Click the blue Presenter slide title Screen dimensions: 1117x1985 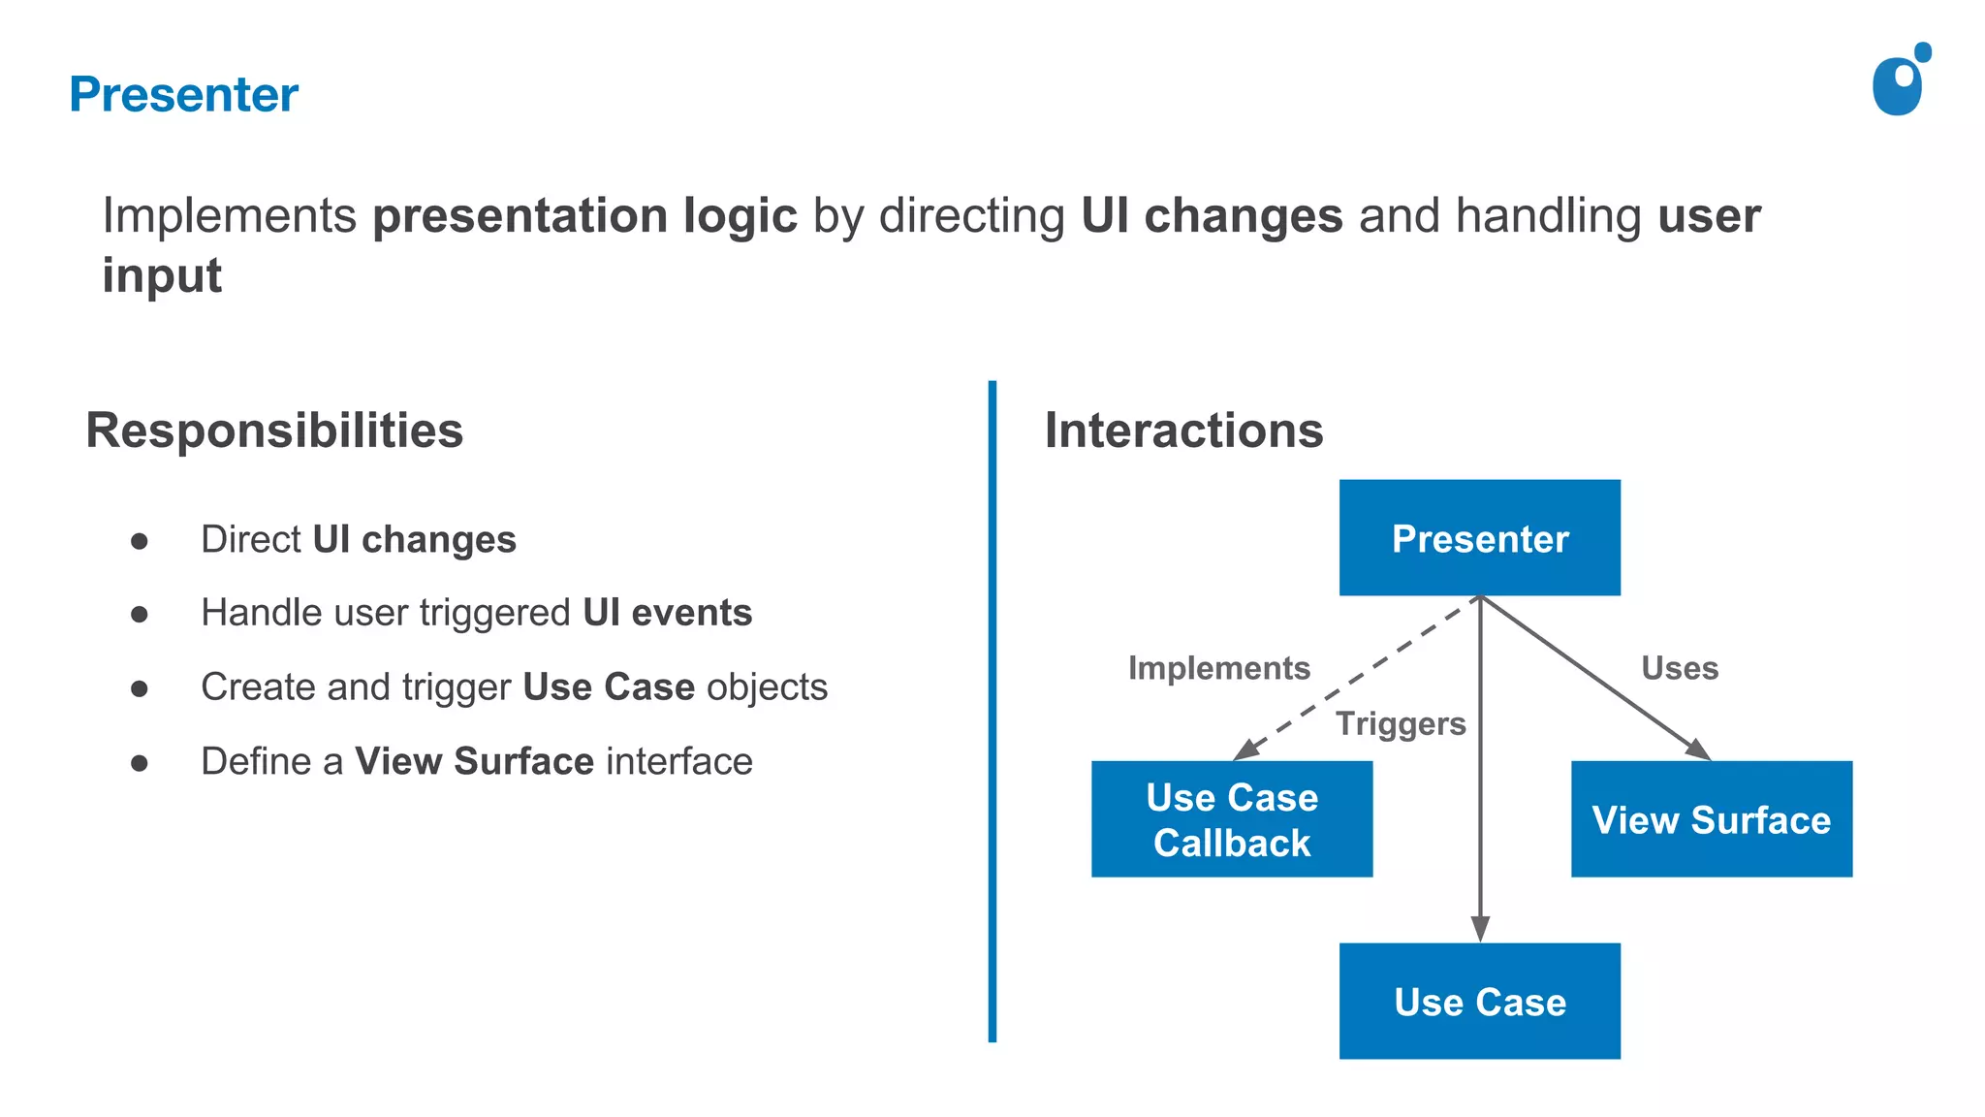[183, 95]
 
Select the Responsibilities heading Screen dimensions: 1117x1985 [274, 431]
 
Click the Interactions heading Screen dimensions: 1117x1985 [1183, 431]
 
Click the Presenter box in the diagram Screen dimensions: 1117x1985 [1479, 538]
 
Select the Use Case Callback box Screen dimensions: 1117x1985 [1231, 819]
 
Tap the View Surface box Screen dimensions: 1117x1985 [1711, 819]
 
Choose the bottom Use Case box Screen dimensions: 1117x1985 [1479, 1001]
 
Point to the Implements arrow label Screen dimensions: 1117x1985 [1218, 668]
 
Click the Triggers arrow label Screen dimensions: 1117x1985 [1401, 723]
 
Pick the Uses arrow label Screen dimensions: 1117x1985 [1679, 668]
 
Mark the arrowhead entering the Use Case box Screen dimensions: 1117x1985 [1480, 929]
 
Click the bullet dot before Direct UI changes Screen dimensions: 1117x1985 [140, 541]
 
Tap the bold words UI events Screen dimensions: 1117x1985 [667, 613]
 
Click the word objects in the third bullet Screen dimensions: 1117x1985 [767, 686]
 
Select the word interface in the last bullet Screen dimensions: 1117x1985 [678, 761]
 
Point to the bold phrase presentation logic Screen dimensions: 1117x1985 [584, 215]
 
